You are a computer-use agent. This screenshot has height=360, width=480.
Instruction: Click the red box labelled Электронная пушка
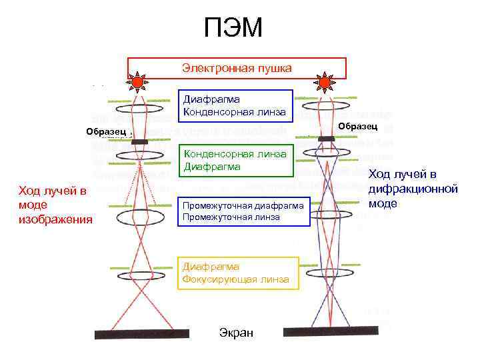click(237, 68)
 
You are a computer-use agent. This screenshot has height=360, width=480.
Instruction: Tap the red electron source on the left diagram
click(138, 82)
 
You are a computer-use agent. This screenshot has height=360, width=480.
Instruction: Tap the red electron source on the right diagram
click(325, 82)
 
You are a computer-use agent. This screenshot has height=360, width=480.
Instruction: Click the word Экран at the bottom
click(236, 333)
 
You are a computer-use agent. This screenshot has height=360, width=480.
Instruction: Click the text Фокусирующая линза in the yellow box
click(235, 279)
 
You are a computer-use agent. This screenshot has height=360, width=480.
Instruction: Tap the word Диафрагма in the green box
click(211, 167)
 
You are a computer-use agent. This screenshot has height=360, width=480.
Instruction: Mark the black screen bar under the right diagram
click(330, 330)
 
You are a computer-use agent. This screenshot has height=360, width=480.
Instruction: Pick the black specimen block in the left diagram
click(140, 141)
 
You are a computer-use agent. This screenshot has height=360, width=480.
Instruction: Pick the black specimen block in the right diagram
click(327, 138)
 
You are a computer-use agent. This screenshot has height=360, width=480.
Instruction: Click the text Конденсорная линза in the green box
click(235, 154)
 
